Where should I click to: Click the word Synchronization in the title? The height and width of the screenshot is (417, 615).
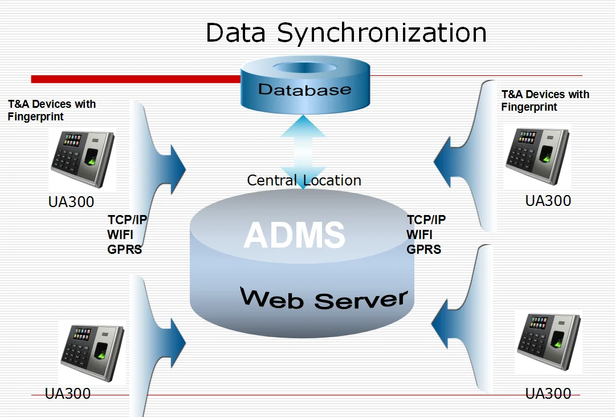pyautogui.click(x=382, y=33)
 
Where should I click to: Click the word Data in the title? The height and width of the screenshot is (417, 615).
pyautogui.click(x=235, y=33)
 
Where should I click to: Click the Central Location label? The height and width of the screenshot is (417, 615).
pyautogui.click(x=304, y=180)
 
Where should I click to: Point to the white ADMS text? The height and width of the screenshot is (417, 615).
pyautogui.click(x=294, y=234)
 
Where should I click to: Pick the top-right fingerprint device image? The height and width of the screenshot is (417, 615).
pyautogui.click(x=537, y=156)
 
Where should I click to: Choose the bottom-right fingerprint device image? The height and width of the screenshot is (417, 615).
pyautogui.click(x=548, y=341)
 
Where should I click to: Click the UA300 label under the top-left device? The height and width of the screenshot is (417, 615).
pyautogui.click(x=71, y=202)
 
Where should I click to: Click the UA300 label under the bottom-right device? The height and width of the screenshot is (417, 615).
pyautogui.click(x=548, y=393)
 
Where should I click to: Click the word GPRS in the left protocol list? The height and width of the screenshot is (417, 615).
pyautogui.click(x=124, y=249)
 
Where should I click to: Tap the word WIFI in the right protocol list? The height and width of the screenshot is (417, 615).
pyautogui.click(x=419, y=234)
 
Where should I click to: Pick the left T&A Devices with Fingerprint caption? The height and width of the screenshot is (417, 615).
pyautogui.click(x=51, y=110)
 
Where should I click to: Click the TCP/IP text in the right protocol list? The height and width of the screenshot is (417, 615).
pyautogui.click(x=426, y=220)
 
